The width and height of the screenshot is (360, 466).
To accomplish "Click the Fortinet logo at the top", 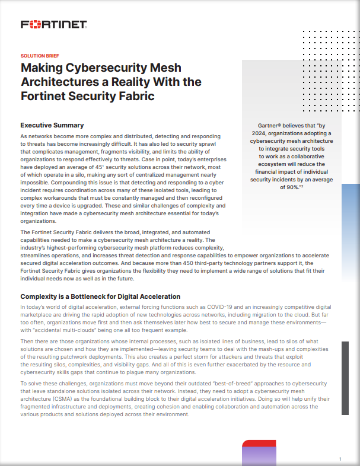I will [54, 24].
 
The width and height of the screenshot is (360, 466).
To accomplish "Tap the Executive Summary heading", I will [52, 125].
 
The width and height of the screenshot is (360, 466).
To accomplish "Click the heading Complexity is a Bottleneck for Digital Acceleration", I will [100, 296].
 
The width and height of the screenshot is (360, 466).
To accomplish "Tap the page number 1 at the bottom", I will [340, 459].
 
